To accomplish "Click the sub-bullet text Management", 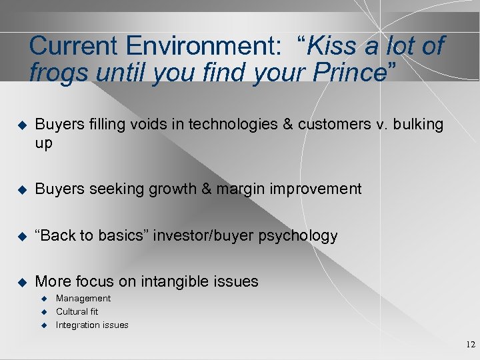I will coord(83,299).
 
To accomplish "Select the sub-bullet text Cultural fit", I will coord(77,311).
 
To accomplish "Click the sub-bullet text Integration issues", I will coord(92,325).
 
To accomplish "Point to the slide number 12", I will coord(471,345).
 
